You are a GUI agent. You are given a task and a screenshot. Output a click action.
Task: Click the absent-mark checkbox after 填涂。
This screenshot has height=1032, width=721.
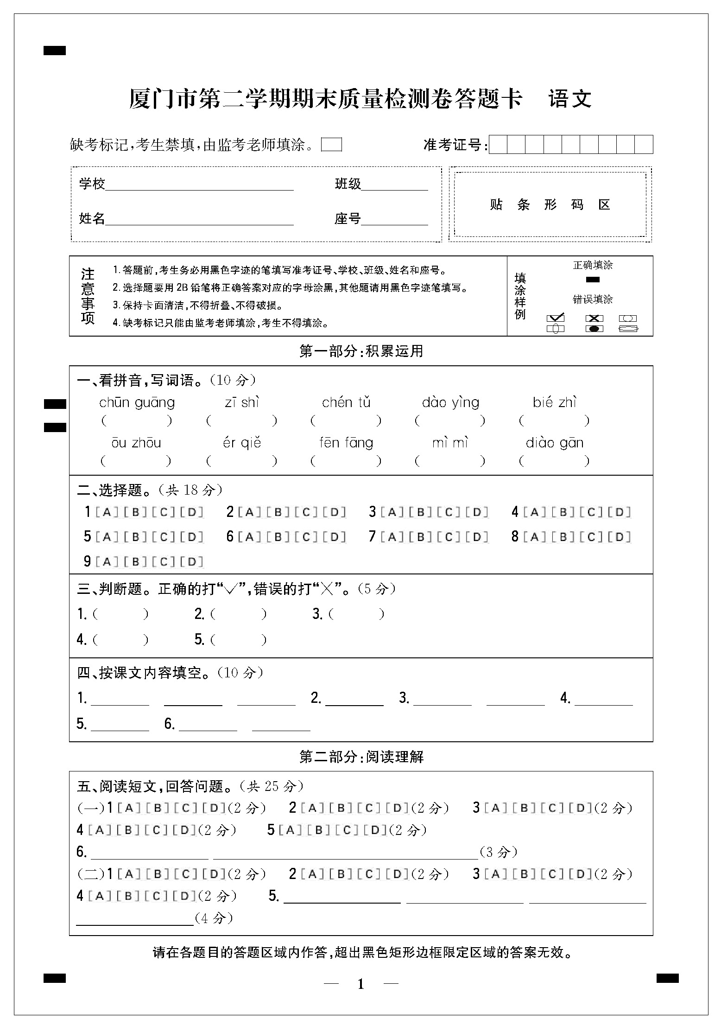point(331,145)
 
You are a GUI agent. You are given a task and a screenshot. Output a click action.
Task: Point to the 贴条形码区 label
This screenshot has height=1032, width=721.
point(550,204)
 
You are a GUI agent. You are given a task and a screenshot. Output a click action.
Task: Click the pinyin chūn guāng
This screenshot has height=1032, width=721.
point(137,402)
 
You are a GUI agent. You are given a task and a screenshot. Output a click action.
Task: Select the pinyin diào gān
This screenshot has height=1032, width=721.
point(555,443)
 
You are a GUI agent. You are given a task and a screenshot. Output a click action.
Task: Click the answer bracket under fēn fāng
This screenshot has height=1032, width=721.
point(346,461)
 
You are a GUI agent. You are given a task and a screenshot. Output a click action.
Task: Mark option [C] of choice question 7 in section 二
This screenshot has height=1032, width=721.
point(449,537)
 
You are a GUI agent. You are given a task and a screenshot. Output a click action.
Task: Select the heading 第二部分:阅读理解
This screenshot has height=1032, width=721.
point(361,757)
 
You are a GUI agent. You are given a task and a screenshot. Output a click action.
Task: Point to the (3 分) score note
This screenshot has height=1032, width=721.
point(499,852)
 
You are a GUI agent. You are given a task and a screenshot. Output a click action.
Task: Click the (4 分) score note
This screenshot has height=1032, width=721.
point(214,918)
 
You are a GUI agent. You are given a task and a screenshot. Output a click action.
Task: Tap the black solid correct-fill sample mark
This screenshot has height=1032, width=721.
point(593,280)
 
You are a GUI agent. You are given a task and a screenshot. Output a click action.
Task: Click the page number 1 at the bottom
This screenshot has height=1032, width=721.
point(361,984)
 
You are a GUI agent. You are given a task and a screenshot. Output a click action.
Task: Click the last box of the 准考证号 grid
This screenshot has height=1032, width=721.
point(644,145)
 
